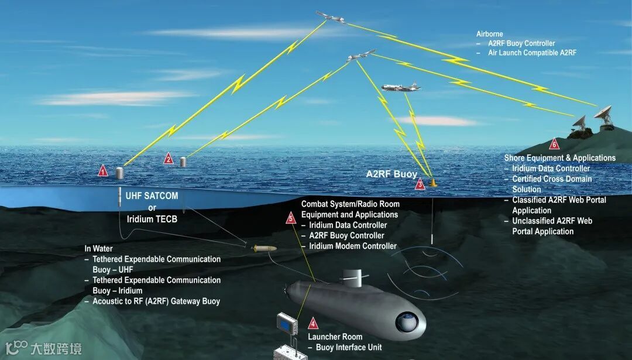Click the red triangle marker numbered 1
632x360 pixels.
[x=103, y=171]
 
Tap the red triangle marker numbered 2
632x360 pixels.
[x=169, y=158]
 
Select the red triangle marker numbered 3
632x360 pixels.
[x=420, y=185]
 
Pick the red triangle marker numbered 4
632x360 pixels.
[x=313, y=323]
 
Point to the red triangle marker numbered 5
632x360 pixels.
[x=291, y=218]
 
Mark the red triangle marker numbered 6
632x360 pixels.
[x=554, y=144]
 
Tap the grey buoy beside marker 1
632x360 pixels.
[x=120, y=173]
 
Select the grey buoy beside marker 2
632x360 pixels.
[x=183, y=161]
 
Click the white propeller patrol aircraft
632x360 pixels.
[x=400, y=88]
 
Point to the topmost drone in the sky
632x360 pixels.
[x=330, y=17]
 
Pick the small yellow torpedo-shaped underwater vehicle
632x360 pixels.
[x=264, y=249]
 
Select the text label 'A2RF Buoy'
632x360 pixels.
[x=391, y=174]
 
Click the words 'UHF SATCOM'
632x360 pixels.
[x=152, y=196]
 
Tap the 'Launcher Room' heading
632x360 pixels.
[x=335, y=337]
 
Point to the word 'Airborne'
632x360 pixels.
[x=490, y=34]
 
